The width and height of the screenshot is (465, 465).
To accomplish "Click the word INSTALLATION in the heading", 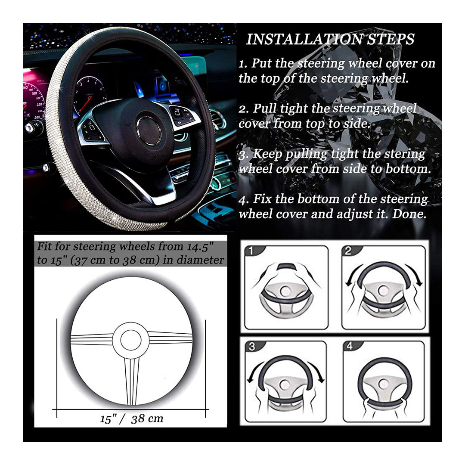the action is (304, 40).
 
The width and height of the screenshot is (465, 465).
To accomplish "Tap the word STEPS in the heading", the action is (391, 40).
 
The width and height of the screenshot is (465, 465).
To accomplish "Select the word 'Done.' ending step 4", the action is (409, 214).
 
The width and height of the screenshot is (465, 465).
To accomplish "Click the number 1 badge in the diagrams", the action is (251, 251).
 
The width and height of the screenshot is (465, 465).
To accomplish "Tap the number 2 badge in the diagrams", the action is (348, 251).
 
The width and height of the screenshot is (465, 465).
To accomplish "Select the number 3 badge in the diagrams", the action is (252, 347).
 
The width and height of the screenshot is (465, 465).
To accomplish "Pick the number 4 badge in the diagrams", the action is (350, 346).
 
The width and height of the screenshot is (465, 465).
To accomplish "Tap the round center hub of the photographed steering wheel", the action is (149, 130).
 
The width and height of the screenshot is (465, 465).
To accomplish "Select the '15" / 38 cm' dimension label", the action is (132, 418).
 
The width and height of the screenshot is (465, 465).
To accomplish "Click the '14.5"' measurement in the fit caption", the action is (200, 247).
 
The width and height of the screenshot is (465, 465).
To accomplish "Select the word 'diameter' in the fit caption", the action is (201, 260).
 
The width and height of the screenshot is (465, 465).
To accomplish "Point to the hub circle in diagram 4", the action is (382, 384).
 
